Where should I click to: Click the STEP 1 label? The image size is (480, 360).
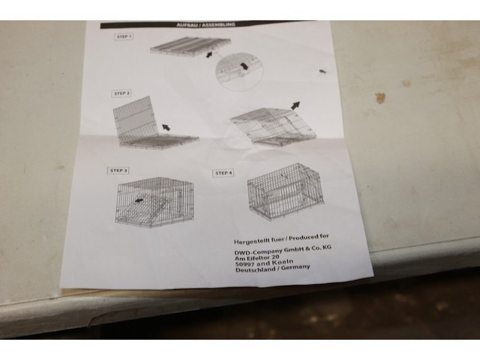point(124,36)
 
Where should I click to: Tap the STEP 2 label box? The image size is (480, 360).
point(122,93)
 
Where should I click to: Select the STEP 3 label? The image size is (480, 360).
point(118,170)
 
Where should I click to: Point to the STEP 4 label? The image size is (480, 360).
point(224,173)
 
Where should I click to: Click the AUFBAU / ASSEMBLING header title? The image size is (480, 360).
point(206,24)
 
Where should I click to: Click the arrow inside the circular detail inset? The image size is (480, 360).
point(244,66)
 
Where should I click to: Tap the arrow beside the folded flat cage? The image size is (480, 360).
point(209,55)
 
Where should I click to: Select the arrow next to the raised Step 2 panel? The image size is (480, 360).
point(166,127)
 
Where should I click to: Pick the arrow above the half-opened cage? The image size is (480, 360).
point(295,105)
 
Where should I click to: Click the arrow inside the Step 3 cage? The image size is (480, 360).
point(139,201)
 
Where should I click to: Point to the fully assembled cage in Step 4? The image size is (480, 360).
point(285,191)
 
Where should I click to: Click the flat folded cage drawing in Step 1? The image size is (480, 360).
point(191,46)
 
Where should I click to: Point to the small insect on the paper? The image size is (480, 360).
point(322,72)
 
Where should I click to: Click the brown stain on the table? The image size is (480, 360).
point(380,97)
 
